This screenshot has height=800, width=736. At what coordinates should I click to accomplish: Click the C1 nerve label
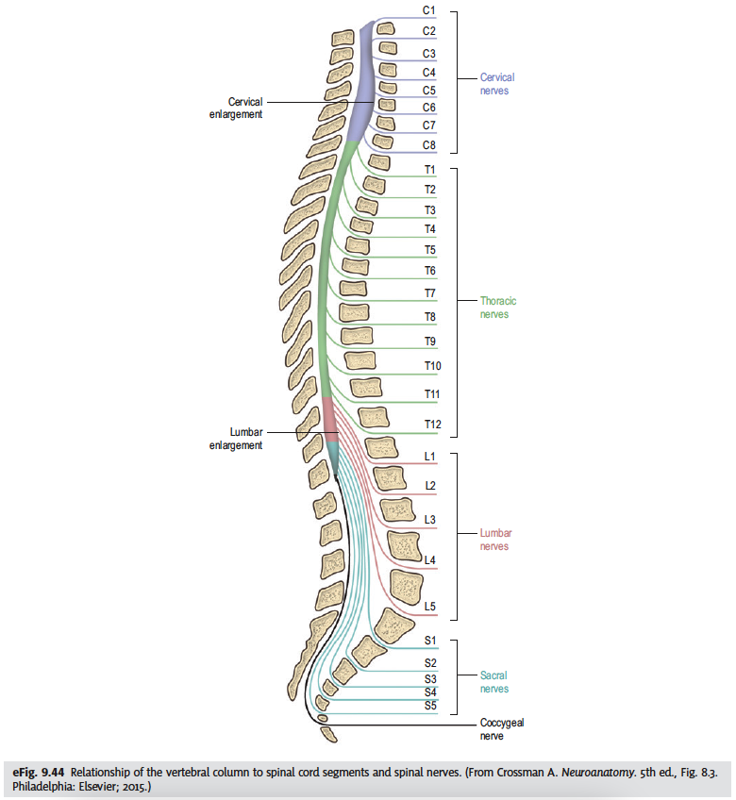coord(429,10)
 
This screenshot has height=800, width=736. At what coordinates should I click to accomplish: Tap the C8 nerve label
coord(429,144)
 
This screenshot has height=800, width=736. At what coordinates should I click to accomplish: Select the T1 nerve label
coord(429,170)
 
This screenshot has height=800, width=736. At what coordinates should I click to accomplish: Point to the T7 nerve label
coord(429,293)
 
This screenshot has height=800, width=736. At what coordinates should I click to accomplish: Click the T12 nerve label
coord(432,425)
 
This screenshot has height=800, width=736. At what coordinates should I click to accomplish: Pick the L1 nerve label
coord(429,458)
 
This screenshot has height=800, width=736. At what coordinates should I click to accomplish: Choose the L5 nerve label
coord(429,607)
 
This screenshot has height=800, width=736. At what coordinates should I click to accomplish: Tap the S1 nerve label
coord(429,641)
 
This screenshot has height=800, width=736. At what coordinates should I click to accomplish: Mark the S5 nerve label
coord(429,704)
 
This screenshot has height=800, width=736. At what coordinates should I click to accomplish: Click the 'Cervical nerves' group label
coord(497,84)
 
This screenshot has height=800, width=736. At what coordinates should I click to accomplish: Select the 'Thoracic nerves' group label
coord(497,308)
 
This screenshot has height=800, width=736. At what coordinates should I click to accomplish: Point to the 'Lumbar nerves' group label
coord(494,540)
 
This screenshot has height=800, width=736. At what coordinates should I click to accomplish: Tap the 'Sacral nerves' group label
coord(493,682)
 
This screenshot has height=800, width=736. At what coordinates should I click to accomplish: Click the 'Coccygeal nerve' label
coord(502,729)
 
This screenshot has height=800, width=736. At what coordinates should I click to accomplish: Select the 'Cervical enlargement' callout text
coord(235,108)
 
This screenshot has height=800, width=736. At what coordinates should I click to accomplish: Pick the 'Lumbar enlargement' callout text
coord(235,439)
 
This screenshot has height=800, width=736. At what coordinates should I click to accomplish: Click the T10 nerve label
coord(432,365)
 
